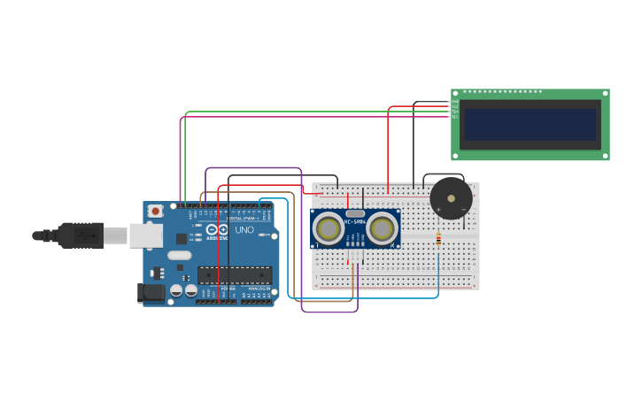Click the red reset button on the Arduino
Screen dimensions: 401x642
(x=156, y=211)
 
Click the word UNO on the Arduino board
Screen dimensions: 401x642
(x=244, y=230)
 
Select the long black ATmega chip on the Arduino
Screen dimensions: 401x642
(x=234, y=274)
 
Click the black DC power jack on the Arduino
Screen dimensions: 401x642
(x=151, y=292)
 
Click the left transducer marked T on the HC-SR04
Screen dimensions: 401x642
(x=329, y=228)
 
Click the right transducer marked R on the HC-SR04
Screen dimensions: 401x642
(x=382, y=228)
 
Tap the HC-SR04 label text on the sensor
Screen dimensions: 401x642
(x=355, y=220)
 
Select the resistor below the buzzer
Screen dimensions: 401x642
(x=437, y=238)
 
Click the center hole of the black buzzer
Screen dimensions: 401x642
(x=451, y=198)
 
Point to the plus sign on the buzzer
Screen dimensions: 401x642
(x=438, y=209)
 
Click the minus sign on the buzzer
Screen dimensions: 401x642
(x=464, y=209)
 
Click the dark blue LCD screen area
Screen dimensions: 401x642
(x=530, y=124)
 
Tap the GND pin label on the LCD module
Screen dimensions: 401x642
(x=455, y=102)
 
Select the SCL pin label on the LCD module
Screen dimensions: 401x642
(x=455, y=117)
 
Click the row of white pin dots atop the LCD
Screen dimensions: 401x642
(x=502, y=92)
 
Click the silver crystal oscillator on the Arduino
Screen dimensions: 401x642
(x=179, y=256)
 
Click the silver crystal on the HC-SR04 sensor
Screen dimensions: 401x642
(x=355, y=213)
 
